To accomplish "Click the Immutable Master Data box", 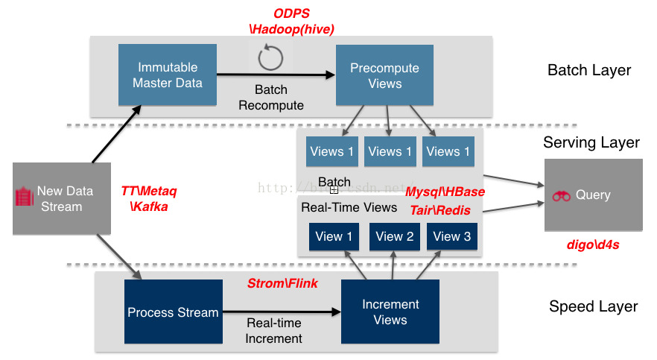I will pyautogui.click(x=168, y=75).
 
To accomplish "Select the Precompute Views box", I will pyautogui.click(x=384, y=75).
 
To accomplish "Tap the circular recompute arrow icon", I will pyautogui.click(x=270, y=58).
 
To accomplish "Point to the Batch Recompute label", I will pyautogui.click(x=270, y=98).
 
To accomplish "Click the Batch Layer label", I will pyautogui.click(x=588, y=70).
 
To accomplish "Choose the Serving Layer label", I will pyautogui.click(x=591, y=142).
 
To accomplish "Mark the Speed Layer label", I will pyautogui.click(x=593, y=306).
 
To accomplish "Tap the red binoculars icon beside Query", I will pyautogui.click(x=561, y=195).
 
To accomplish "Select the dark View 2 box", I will pyautogui.click(x=394, y=236).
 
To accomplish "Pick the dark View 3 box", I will pyautogui.click(x=451, y=236).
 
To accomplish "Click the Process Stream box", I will pyautogui.click(x=173, y=312).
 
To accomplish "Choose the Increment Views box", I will pyautogui.click(x=390, y=312).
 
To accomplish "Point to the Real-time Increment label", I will pyautogui.click(x=273, y=331).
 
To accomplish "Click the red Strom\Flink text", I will pyautogui.click(x=282, y=283).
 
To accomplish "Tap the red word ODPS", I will pyautogui.click(x=291, y=13).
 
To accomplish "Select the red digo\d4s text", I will pyautogui.click(x=593, y=244).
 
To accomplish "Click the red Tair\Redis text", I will pyautogui.click(x=440, y=210).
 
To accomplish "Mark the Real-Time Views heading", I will pyautogui.click(x=338, y=207).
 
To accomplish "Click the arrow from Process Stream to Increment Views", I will pyautogui.click(x=282, y=312).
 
